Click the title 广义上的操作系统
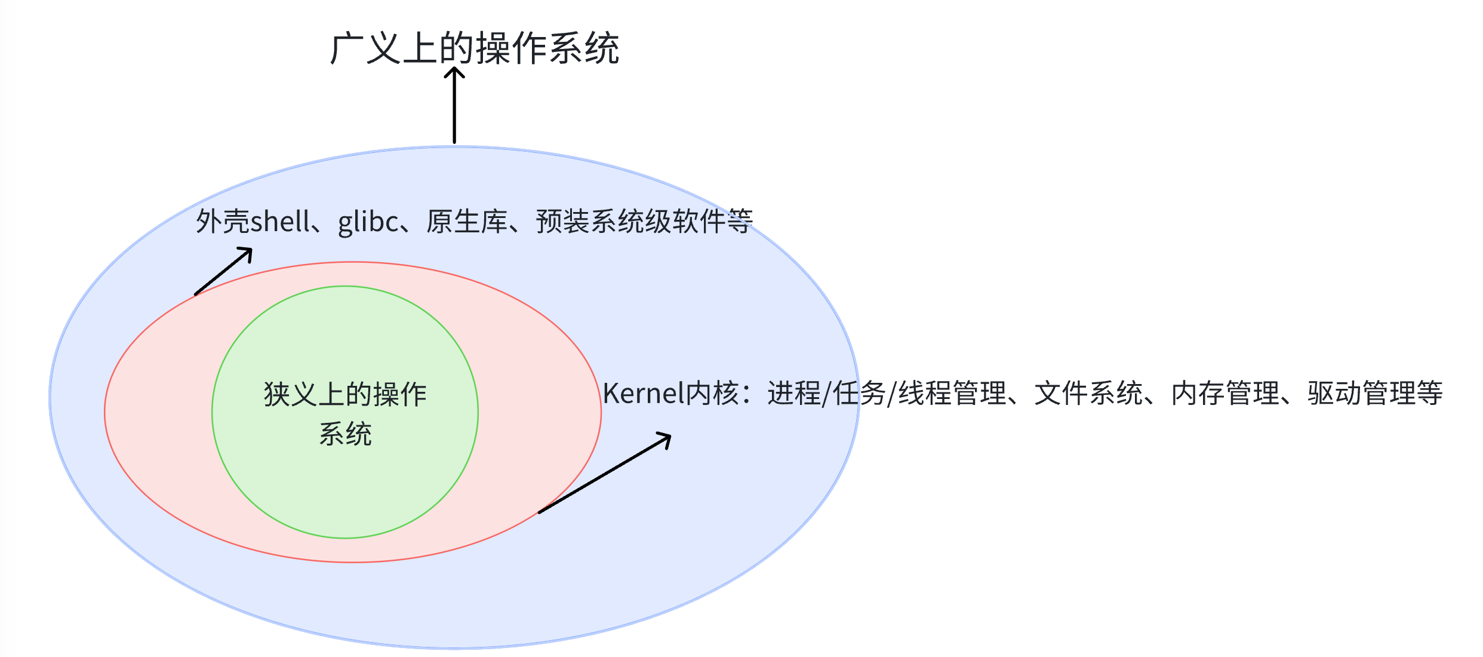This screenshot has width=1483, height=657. (x=475, y=48)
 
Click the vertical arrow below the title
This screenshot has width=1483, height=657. (x=454, y=108)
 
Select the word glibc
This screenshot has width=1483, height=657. (x=368, y=222)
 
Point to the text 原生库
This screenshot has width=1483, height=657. (x=466, y=222)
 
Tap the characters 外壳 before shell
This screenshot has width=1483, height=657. (x=222, y=222)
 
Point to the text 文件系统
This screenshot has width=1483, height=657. (x=1088, y=394)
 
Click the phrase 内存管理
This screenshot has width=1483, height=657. (x=1225, y=394)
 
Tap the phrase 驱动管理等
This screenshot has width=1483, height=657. (x=1374, y=394)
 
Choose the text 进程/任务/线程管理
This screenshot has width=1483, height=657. (x=887, y=394)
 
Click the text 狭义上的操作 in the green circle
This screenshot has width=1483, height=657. (x=345, y=395)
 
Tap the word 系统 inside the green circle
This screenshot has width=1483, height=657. (x=345, y=434)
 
